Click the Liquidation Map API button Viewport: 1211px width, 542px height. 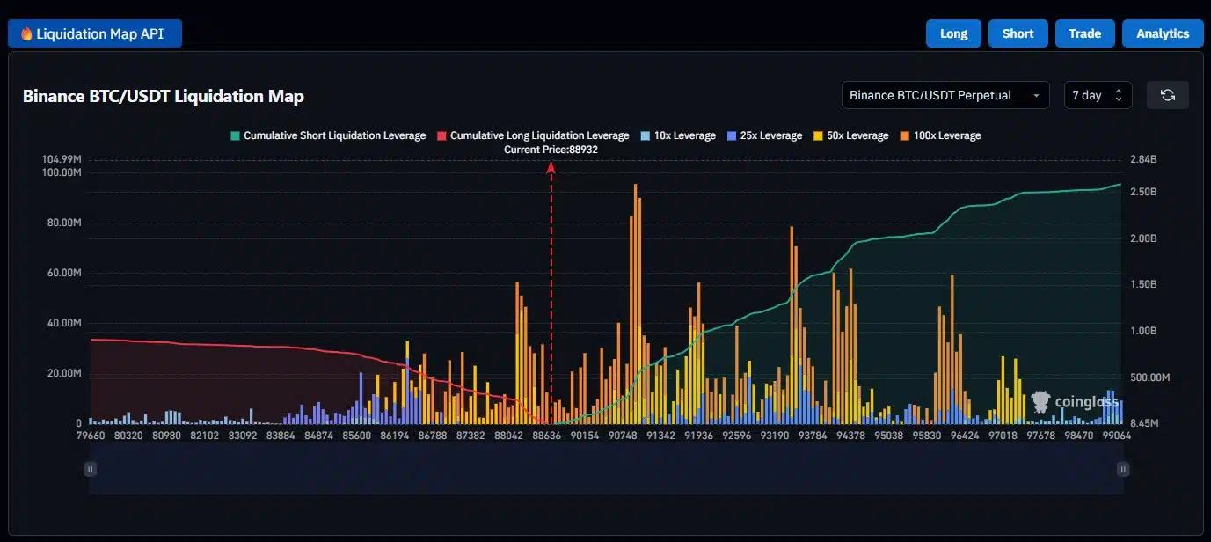[x=95, y=33]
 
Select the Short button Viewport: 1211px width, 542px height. [x=1018, y=33]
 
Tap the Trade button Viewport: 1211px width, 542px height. [x=1084, y=33]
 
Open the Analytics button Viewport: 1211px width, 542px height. [x=1163, y=33]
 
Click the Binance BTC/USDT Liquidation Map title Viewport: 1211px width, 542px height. [x=164, y=97]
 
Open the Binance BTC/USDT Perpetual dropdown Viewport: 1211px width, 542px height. [x=945, y=95]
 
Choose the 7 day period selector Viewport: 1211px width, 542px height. [x=1098, y=95]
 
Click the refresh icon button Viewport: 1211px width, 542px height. [x=1167, y=95]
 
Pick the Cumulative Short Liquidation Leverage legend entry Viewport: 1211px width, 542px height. [x=327, y=135]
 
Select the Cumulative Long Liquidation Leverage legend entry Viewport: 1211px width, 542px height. [x=533, y=135]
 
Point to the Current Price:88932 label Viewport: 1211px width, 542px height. [x=551, y=150]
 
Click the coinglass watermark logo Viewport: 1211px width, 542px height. [x=1075, y=402]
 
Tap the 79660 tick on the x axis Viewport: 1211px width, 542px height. [x=91, y=435]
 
